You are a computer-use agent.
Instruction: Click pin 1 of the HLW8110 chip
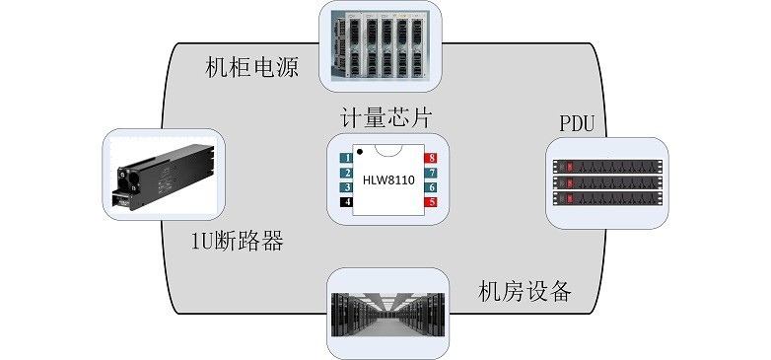coord(347,158)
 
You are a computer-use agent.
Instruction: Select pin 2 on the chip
coord(347,173)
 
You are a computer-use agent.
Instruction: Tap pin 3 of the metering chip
coord(347,186)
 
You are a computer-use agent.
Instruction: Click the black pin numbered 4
coord(347,202)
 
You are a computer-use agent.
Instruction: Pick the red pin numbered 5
coord(431,202)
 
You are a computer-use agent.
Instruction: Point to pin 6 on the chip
coord(431,186)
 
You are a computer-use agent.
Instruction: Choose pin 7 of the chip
coord(431,173)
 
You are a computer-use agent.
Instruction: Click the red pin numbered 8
coord(431,158)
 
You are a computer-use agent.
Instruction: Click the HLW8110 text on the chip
coord(388,180)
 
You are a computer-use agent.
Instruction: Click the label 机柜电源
coord(251,67)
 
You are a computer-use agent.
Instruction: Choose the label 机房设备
coord(525,292)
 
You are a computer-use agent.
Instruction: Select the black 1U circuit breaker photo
coord(165,178)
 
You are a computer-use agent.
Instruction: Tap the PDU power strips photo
coord(606,183)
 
